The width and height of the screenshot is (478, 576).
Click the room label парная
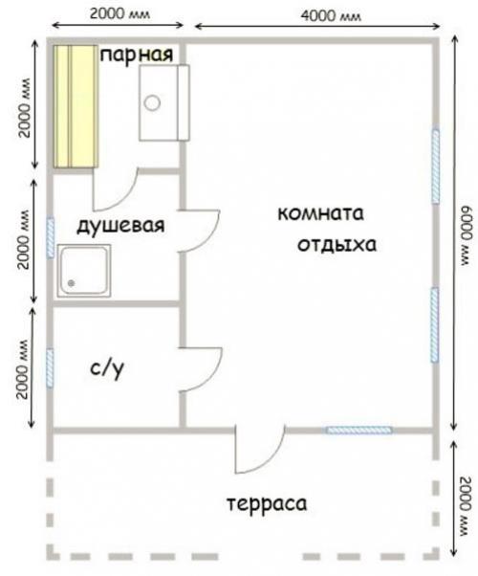[137, 55]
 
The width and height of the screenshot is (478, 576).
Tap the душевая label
[120, 225]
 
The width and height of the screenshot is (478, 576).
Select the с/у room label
[107, 368]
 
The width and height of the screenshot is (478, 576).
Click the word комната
[320, 213]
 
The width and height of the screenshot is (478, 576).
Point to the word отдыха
[337, 245]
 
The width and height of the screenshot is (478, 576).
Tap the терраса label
[267, 503]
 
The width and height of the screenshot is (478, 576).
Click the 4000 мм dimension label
[331, 15]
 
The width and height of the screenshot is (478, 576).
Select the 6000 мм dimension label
[467, 235]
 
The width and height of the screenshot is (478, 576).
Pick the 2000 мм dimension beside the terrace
[466, 506]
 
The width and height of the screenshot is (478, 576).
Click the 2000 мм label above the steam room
[119, 14]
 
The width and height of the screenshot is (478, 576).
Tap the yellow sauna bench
[76, 106]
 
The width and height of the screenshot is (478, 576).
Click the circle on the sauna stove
[152, 103]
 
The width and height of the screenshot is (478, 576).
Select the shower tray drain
[72, 283]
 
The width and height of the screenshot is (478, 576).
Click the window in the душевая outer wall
[51, 237]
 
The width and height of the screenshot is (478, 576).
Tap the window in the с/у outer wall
[50, 368]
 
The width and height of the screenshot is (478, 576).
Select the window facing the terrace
[358, 431]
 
